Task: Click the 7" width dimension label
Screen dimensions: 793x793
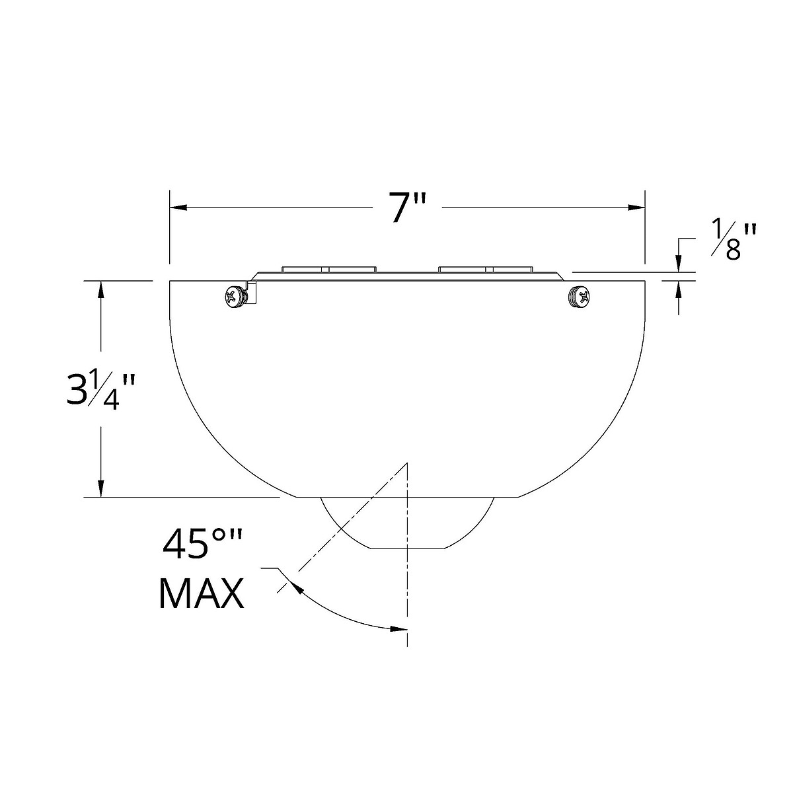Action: tap(408, 208)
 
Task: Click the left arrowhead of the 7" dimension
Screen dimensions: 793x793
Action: tap(178, 208)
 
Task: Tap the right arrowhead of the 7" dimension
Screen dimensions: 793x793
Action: tap(636, 208)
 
